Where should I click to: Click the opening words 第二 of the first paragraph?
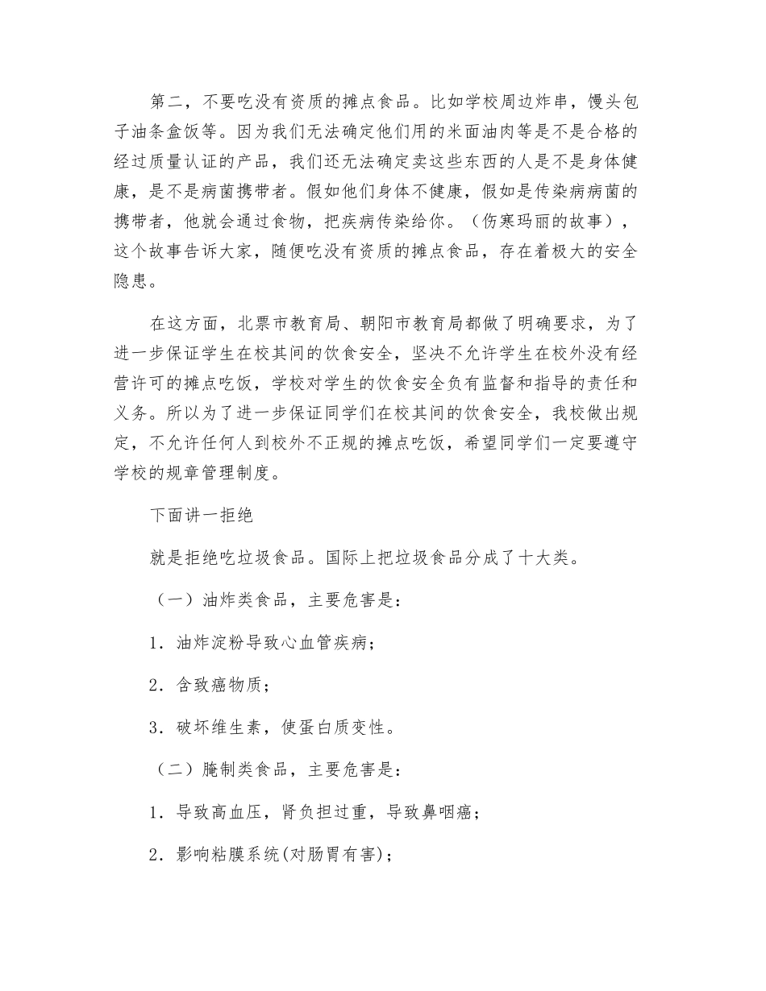click(169, 102)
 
